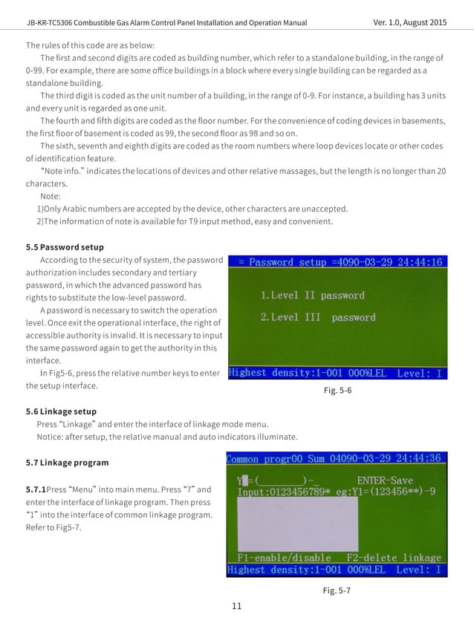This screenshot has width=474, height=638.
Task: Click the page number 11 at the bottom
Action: (x=237, y=607)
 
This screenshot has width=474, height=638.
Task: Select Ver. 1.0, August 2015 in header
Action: (x=410, y=23)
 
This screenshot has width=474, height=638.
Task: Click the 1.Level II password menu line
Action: (x=312, y=295)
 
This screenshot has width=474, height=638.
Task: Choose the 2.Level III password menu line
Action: (x=317, y=317)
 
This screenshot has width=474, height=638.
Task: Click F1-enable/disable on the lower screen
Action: (x=284, y=557)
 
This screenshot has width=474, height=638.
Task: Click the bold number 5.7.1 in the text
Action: (x=35, y=489)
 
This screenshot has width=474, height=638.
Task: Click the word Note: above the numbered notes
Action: (x=51, y=196)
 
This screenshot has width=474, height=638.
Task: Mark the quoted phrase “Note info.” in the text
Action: (x=66, y=172)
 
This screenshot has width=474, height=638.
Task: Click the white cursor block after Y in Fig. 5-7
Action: (x=243, y=481)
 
